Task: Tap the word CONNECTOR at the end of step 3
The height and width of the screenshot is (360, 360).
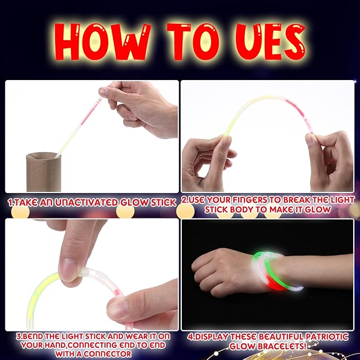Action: pos(106,353)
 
